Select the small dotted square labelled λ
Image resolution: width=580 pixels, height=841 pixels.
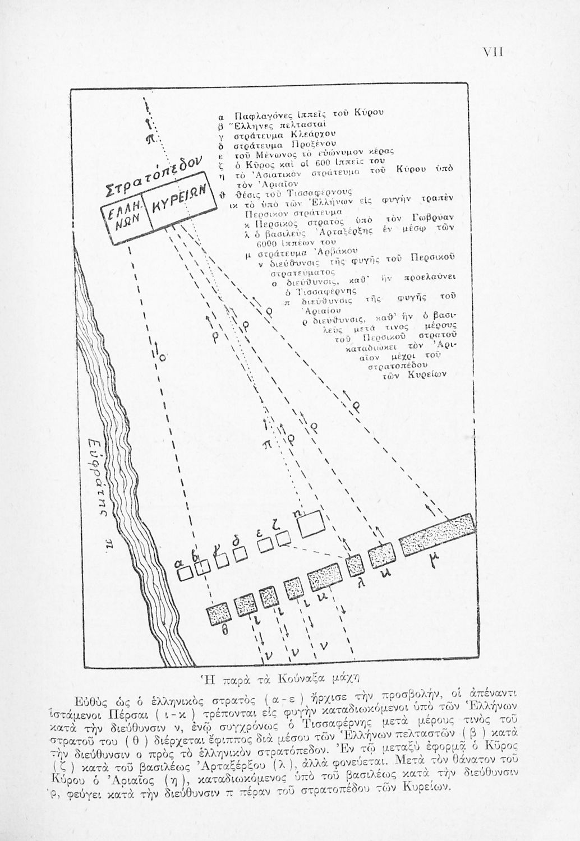point(356,564)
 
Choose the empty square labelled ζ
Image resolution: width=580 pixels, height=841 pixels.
point(284,539)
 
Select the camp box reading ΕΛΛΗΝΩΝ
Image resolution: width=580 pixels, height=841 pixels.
point(127,223)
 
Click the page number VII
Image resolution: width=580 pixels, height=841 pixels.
point(493,52)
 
